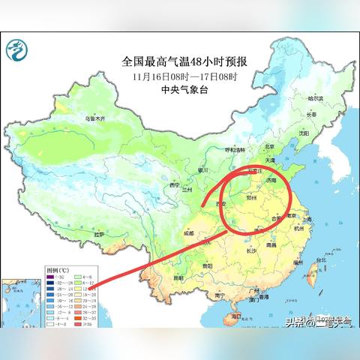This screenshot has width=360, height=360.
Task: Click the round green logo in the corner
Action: click(x=16, y=51)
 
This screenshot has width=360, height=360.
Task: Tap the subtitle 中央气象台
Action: click(x=184, y=88)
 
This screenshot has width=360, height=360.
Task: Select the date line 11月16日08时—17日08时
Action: click(x=184, y=76)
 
